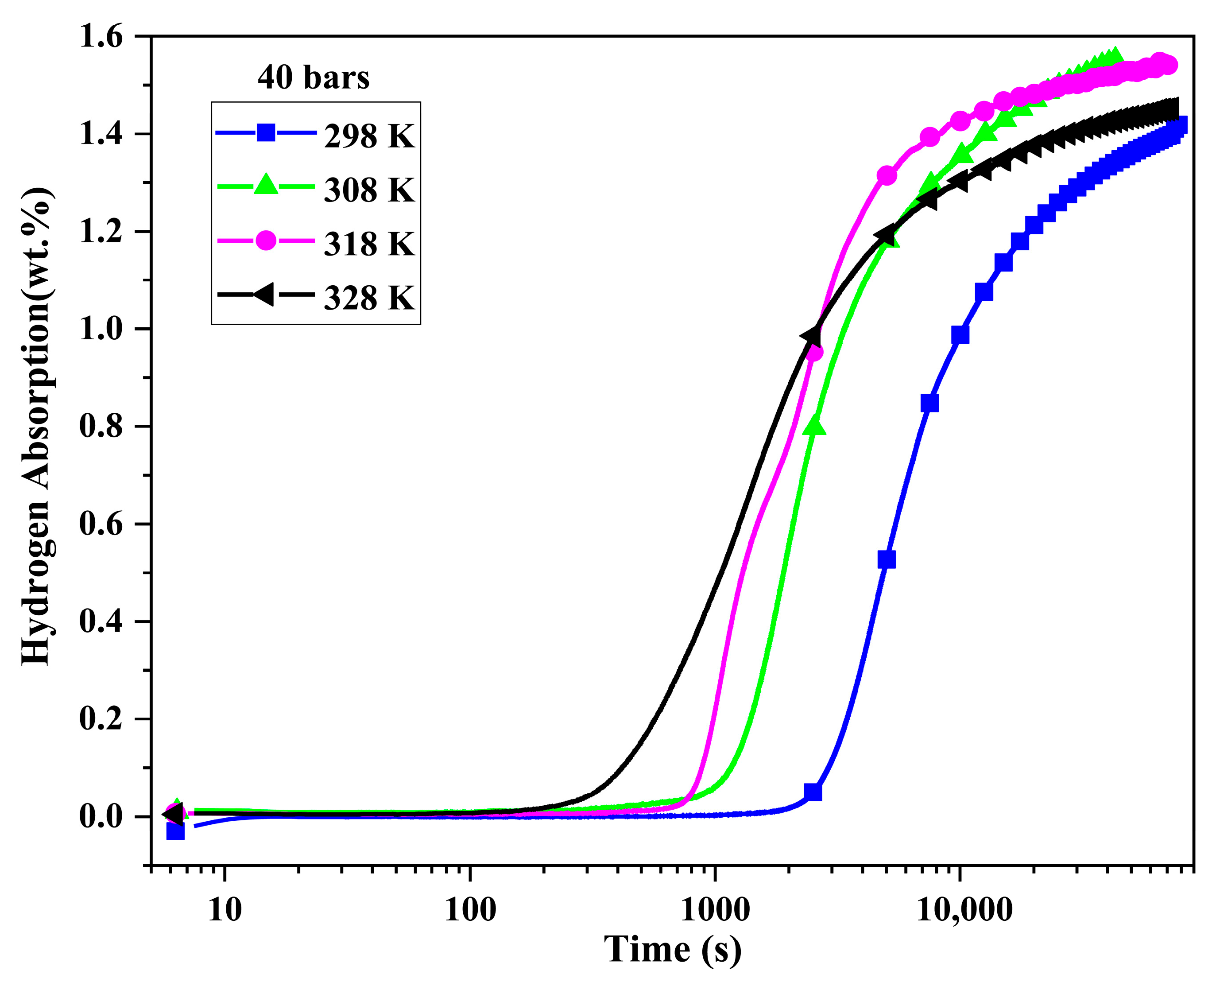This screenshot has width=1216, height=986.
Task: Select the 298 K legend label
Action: [x=370, y=136]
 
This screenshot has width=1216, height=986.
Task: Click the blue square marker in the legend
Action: [x=266, y=133]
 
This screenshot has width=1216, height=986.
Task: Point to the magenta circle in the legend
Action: [x=266, y=241]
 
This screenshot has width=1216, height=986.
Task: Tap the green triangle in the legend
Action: [x=266, y=185]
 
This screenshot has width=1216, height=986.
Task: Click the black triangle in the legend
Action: [x=264, y=294]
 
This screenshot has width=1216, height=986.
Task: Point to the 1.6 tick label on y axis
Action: [x=101, y=38]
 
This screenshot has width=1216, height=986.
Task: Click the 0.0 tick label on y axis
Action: [x=101, y=817]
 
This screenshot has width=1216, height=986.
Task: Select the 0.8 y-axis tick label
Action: [x=101, y=427]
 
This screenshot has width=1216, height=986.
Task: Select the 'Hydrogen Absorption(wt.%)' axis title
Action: [x=38, y=427]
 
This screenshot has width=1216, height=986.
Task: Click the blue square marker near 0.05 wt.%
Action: [x=813, y=792]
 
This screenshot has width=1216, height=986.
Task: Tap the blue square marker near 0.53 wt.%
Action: [x=886, y=559]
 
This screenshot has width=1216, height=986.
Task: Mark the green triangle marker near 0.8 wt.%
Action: [x=815, y=425]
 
